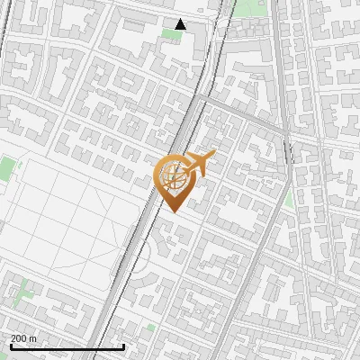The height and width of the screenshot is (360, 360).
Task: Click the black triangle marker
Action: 181,24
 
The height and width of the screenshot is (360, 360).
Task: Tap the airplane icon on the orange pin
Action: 198,163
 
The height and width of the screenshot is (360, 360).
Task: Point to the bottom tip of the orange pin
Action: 172,212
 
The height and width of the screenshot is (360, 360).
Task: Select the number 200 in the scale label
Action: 19,337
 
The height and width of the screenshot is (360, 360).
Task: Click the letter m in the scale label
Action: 33,337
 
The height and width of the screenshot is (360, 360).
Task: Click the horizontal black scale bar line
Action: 67,346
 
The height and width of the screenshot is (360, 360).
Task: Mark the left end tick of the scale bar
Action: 10,345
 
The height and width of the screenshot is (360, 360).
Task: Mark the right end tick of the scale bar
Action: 124,345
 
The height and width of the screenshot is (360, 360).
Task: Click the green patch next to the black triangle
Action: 170,34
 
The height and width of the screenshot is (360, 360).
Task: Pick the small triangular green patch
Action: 288,200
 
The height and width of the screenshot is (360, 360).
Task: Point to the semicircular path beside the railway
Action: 148,253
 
